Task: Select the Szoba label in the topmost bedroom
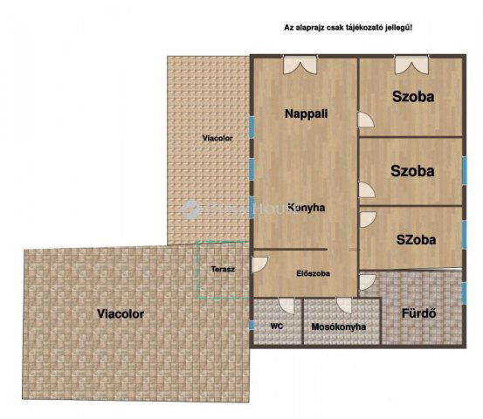pos(413,96)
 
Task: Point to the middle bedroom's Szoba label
pos(413,171)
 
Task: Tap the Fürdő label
pos(419,313)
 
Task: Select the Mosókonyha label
pos(339,327)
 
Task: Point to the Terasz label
pos(223,270)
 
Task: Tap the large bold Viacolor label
pos(121,313)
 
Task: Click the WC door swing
pos(285,306)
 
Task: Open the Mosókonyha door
pos(344,306)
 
